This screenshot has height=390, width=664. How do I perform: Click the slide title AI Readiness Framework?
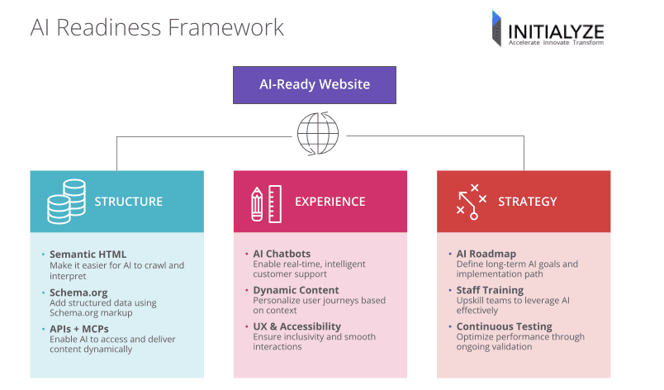point(157,27)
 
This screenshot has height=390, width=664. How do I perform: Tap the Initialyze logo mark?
point(497,28)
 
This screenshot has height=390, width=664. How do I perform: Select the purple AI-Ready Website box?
point(315,84)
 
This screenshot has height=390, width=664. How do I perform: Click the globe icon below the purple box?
point(318,133)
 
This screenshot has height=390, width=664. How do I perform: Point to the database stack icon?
point(67,202)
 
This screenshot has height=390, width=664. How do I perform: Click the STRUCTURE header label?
point(128,202)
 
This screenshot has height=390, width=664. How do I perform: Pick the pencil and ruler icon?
point(266,202)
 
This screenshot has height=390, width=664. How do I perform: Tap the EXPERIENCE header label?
point(330,202)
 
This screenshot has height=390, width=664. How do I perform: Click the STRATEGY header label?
point(527,202)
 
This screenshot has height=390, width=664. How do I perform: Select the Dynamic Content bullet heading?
point(296,290)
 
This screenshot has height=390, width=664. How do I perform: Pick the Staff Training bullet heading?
point(490,290)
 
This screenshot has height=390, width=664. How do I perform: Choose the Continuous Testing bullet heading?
point(504,326)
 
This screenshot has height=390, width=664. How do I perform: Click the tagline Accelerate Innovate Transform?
point(555,42)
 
